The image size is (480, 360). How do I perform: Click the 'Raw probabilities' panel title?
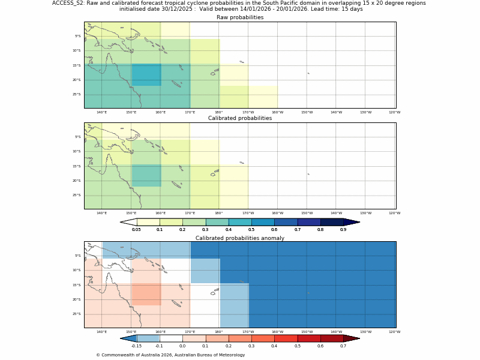(240, 17)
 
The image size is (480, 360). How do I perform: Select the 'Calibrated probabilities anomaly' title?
(240, 238)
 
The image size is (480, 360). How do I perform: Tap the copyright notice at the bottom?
(170, 355)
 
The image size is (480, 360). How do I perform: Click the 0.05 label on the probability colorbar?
(136, 230)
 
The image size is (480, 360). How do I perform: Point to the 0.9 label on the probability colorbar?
(343, 230)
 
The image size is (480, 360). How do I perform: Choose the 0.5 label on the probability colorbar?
(251, 230)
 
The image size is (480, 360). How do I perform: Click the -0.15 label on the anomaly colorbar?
(136, 346)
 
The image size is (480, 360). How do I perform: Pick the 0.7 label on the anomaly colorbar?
(343, 346)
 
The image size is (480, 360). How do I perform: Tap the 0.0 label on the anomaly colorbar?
(182, 346)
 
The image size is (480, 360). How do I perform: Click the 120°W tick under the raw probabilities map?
(394, 112)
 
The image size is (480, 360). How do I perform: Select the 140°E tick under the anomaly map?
(101, 332)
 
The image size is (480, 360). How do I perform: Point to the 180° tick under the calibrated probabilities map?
(218, 213)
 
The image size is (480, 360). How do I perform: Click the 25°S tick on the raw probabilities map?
(77, 94)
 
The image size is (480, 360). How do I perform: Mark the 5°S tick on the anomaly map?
(77, 256)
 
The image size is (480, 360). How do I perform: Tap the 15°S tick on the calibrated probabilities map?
(77, 166)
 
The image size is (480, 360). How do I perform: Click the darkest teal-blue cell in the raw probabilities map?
(146, 75)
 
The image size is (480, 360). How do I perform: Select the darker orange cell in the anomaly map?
(146, 295)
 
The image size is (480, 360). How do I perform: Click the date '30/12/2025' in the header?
(179, 9)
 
